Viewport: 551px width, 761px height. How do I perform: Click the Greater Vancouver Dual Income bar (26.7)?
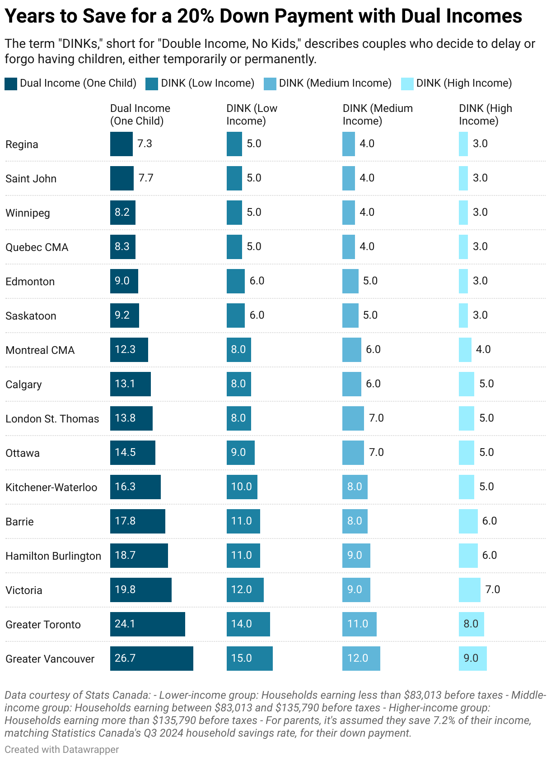151,658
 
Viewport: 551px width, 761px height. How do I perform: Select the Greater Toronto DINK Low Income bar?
248,624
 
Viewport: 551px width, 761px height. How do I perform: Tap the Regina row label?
22,144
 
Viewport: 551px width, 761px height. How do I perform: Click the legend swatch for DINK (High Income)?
407,84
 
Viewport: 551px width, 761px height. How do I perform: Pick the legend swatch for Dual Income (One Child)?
11,84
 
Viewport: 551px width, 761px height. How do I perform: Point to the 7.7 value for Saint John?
146,178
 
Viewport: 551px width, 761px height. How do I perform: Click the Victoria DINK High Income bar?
469,589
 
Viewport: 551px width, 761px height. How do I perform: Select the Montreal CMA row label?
40,350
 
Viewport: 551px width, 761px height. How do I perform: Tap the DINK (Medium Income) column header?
378,115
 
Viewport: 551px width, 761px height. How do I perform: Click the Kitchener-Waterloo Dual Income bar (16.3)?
135,487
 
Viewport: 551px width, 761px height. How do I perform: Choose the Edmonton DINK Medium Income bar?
350,281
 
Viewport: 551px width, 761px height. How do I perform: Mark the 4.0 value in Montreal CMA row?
483,349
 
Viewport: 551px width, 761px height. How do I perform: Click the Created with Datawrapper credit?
62,749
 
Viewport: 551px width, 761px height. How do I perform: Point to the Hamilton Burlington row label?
53,556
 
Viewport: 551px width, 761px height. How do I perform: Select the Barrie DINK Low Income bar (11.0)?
243,521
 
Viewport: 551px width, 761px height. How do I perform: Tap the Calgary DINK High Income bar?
466,384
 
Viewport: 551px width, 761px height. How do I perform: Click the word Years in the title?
31,17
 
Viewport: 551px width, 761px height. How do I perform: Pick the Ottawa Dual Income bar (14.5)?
132,452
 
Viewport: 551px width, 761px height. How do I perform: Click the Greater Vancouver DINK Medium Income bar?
361,658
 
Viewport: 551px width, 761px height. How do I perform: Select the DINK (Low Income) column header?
252,115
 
